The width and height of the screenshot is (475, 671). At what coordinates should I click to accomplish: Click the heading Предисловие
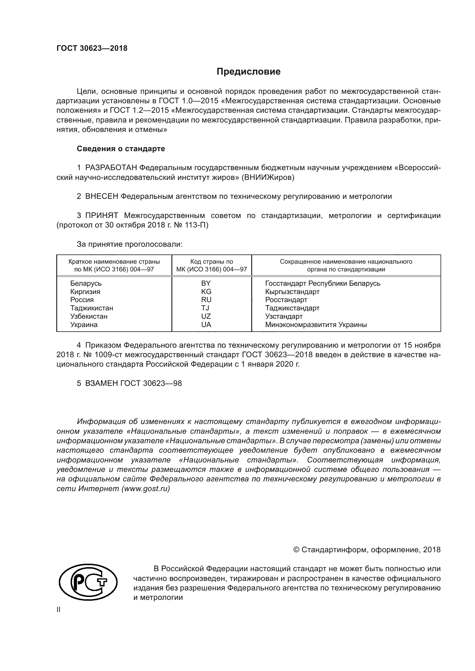click(x=248, y=72)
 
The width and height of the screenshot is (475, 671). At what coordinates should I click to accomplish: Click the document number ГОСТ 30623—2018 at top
click(x=92, y=48)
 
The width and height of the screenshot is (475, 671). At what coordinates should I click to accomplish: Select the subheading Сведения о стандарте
click(x=121, y=149)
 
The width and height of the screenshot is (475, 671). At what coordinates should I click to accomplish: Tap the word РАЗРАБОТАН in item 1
click(x=111, y=168)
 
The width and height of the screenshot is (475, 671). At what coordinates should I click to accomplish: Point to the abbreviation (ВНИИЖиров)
click(x=268, y=177)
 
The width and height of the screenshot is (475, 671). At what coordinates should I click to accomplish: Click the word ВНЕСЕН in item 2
click(x=101, y=197)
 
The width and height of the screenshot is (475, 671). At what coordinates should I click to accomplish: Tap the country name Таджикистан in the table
click(x=92, y=308)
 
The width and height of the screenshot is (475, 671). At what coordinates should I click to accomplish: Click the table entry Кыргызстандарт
click(x=292, y=292)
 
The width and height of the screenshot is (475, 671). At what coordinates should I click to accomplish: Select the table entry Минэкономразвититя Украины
click(x=316, y=325)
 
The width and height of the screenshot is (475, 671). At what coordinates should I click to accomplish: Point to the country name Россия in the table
click(x=82, y=300)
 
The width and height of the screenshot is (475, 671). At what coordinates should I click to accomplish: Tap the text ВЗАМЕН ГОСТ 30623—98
click(x=133, y=384)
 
